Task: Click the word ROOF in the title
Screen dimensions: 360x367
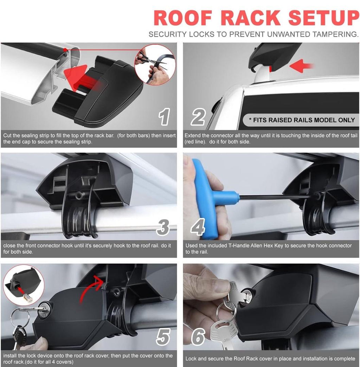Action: pos(183,18)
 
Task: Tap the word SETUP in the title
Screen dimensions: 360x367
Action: pos(324,18)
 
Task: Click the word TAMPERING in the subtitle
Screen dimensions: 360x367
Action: pos(335,34)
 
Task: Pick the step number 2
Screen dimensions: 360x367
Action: pos(198,117)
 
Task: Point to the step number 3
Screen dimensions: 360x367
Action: pos(163,227)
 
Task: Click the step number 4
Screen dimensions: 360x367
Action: pos(198,227)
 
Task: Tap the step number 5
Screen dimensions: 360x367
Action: pos(163,336)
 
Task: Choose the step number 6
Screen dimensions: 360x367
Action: pos(198,336)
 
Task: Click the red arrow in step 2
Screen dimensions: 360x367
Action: pos(301,65)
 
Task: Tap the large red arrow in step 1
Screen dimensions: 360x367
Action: pos(82,79)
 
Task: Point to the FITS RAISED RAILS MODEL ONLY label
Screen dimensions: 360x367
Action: pos(302,120)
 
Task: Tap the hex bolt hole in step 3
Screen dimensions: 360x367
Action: pos(78,194)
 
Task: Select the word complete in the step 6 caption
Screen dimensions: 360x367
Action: pos(345,359)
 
